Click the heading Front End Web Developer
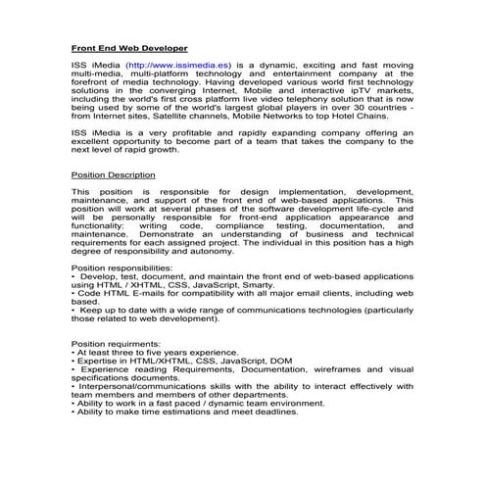(129, 47)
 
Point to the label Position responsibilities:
(122, 267)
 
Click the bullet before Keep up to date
(75, 311)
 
